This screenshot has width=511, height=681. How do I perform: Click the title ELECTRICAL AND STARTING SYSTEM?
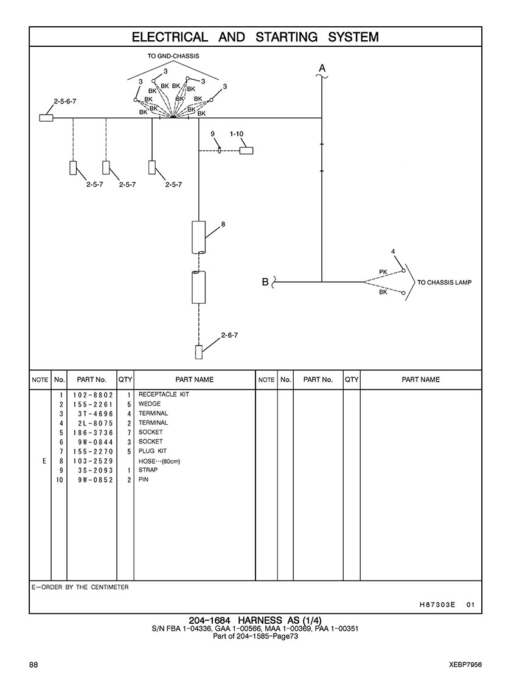click(255, 37)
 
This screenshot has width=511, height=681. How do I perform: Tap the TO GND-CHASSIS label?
click(173, 56)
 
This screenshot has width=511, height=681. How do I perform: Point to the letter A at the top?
click(322, 68)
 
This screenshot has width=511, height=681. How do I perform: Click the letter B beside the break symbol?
click(265, 282)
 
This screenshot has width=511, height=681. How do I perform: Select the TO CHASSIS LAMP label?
click(444, 282)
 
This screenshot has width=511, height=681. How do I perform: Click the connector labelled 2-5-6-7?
click(46, 117)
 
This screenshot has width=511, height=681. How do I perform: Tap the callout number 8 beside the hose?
click(223, 225)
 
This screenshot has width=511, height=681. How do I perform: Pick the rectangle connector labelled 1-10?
click(246, 151)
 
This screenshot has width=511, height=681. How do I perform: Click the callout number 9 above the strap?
click(213, 134)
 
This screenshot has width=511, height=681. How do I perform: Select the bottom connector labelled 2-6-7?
click(199, 352)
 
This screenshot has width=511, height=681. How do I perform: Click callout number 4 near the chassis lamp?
click(393, 251)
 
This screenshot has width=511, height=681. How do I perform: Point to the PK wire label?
click(383, 272)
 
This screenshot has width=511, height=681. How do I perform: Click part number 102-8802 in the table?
click(93, 395)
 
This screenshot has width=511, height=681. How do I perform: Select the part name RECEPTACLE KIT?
click(164, 394)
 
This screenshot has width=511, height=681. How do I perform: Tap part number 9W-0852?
click(96, 480)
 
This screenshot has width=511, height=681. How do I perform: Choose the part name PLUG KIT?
click(153, 451)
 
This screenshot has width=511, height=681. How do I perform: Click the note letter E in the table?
click(44, 461)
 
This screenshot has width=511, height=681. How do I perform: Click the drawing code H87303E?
click(437, 604)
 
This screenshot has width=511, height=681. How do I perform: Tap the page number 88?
click(33, 665)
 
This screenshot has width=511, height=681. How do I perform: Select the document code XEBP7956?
click(466, 665)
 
